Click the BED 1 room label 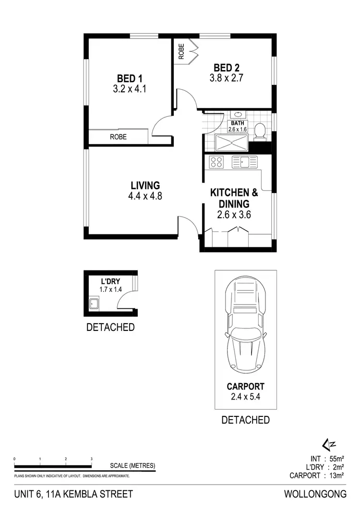[x=130, y=78]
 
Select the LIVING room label [x=145, y=185]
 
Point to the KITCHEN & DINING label [x=234, y=198]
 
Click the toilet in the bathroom [x=260, y=131]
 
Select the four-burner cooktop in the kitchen [x=216, y=162]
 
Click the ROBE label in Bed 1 [x=119, y=137]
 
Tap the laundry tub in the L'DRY [x=94, y=304]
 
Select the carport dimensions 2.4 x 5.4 [x=246, y=397]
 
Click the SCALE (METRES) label [x=132, y=465]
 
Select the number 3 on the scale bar [x=91, y=459]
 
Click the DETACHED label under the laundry [x=110, y=328]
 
